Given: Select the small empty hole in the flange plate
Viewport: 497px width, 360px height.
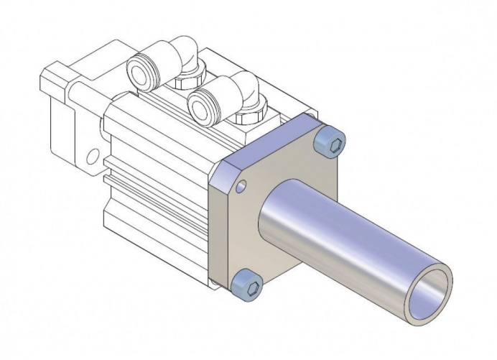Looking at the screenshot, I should pyautogui.click(x=241, y=187).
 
